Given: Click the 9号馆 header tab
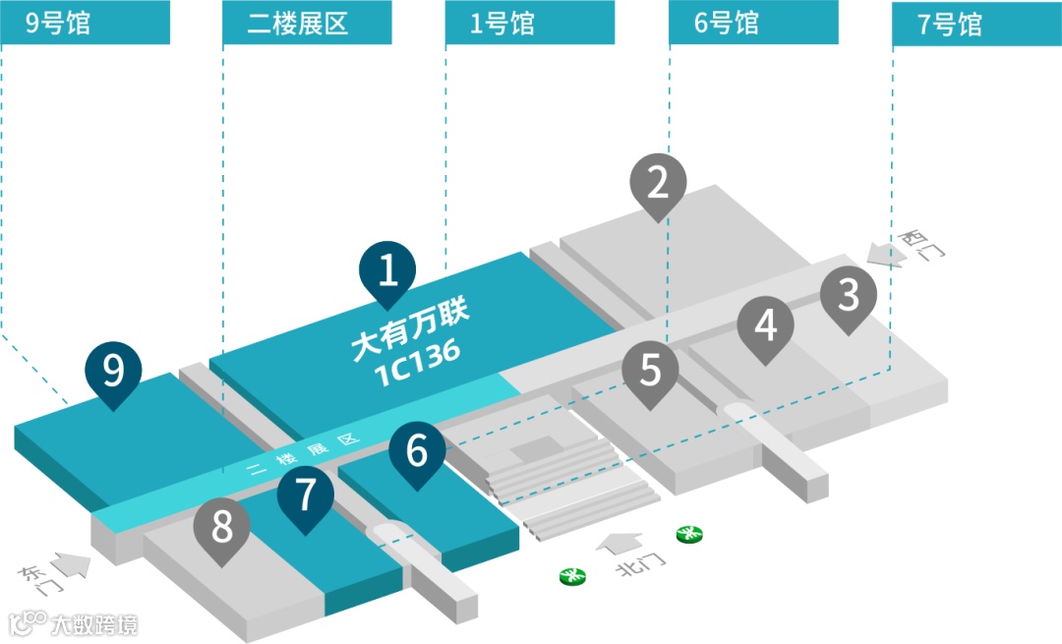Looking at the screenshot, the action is coord(85,23).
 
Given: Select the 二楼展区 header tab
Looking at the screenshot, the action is coord(308,23).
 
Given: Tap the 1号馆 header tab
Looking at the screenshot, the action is coord(530,23).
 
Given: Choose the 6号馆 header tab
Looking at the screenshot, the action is coord(753,23).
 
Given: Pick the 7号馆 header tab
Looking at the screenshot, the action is coord(976,23).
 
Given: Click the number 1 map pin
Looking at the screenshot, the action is coord(388,269).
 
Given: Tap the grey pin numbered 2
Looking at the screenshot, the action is coord(658,183).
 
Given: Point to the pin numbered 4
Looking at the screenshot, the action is coord(766,325).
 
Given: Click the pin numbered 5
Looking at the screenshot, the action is coord(651,371).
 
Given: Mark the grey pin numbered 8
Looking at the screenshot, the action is coord(222,528).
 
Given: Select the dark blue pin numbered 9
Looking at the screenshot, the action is coord(114,372).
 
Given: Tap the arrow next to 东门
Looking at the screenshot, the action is coord(68,564).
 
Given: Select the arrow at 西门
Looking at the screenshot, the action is coord(886,256).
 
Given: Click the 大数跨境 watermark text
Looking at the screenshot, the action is coord(94,624).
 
